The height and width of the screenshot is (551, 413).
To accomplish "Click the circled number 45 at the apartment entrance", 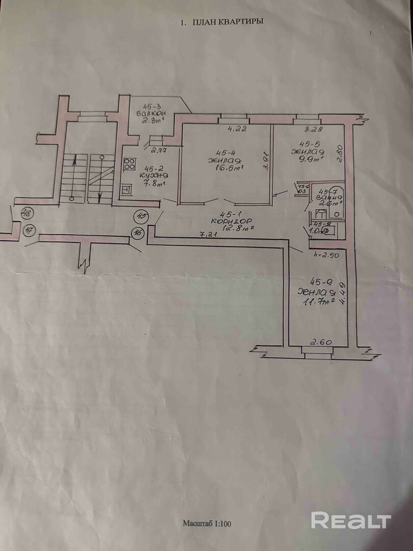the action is coord(141,216).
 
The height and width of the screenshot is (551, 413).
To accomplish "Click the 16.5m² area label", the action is coord(228,167).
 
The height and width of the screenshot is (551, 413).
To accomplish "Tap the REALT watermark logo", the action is coord(351,521).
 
